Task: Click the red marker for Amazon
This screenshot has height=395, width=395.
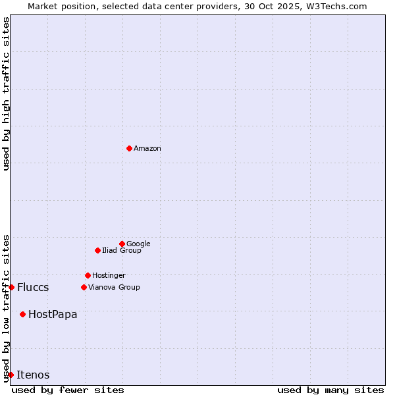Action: click(129, 148)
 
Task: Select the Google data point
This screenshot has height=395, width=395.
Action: click(122, 244)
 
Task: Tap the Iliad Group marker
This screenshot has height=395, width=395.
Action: click(97, 250)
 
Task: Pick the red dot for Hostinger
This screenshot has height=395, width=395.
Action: click(88, 275)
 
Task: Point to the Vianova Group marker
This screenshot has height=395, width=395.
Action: click(84, 287)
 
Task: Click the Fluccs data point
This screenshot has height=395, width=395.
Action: click(11, 287)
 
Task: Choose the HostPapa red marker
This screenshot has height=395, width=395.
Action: click(22, 314)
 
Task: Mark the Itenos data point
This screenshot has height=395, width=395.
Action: click(11, 375)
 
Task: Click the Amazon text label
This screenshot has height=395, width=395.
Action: click(147, 149)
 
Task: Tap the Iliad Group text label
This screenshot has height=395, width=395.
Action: click(122, 251)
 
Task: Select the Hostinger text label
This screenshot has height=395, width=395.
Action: click(109, 276)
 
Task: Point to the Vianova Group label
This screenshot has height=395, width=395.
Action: click(114, 288)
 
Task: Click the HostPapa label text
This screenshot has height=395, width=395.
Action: click(53, 315)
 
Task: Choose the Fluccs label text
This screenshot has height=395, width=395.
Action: click(33, 288)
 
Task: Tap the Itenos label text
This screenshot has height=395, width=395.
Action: click(33, 375)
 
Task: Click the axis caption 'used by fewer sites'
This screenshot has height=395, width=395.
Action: click(68, 390)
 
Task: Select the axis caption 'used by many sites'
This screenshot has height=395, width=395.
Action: click(330, 390)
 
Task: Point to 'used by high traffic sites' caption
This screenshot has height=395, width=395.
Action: click(6, 93)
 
